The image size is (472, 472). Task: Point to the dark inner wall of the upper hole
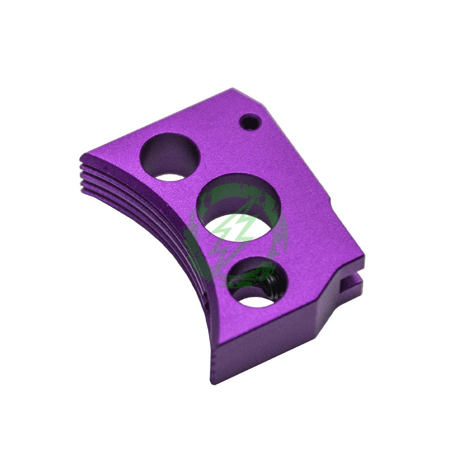point(167,153)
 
